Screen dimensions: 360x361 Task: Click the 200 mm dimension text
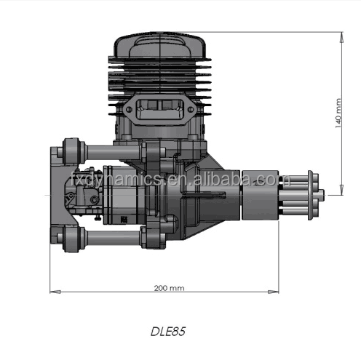[169, 288]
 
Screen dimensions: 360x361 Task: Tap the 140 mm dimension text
[338, 113]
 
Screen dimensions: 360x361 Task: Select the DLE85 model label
[169, 331]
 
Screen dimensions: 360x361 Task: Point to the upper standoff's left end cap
[71, 152]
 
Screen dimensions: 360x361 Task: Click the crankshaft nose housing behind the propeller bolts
[255, 193]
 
